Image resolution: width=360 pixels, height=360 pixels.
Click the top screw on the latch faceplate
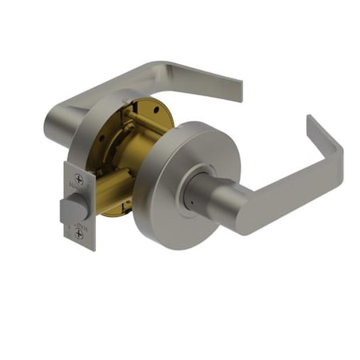[x=78, y=179]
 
